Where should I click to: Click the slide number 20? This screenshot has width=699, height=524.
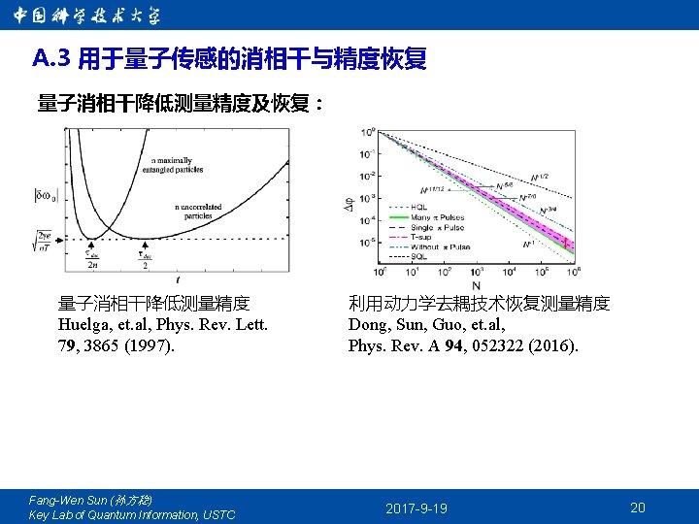[638, 508]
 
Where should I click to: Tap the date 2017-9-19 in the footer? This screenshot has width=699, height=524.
[416, 508]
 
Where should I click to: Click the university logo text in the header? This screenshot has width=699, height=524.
[86, 16]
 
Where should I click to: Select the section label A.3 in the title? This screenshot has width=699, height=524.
[52, 60]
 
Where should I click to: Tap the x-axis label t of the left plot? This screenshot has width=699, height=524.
[179, 278]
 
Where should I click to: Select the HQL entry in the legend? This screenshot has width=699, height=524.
[418, 206]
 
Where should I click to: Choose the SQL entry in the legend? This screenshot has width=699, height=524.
[418, 257]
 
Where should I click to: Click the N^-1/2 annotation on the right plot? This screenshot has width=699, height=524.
[539, 178]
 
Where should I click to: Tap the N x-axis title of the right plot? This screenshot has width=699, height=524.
[476, 286]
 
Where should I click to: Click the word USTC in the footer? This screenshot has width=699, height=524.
[218, 514]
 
